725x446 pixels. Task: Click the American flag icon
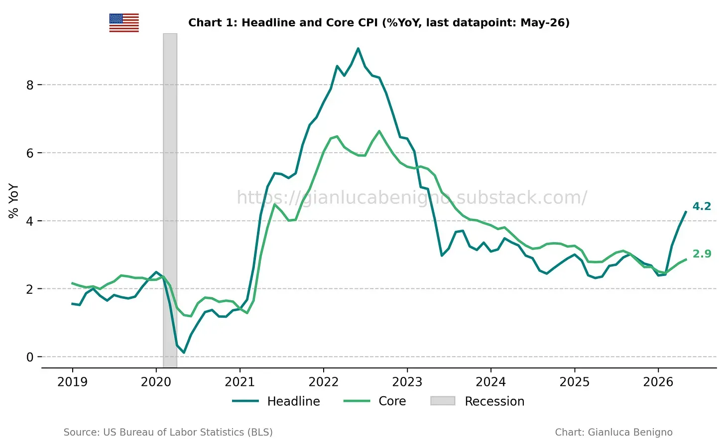pyautogui.click(x=124, y=23)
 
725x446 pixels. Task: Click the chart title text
pyautogui.click(x=378, y=23)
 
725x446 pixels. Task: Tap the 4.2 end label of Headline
pyautogui.click(x=702, y=206)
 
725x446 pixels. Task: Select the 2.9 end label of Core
pyautogui.click(x=702, y=254)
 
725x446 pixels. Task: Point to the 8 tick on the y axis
pyautogui.click(x=30, y=85)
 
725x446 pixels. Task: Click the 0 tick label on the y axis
pyautogui.click(x=30, y=357)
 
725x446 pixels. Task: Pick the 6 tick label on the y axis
pyautogui.click(x=30, y=153)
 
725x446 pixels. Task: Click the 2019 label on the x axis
pyautogui.click(x=72, y=382)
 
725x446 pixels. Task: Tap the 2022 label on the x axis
pyautogui.click(x=323, y=382)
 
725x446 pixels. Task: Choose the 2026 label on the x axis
pyautogui.click(x=658, y=382)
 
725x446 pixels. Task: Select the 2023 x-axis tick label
pyautogui.click(x=407, y=382)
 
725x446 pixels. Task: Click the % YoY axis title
pyautogui.click(x=13, y=201)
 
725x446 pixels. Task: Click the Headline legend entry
pyautogui.click(x=276, y=401)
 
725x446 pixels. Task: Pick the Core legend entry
pyautogui.click(x=374, y=401)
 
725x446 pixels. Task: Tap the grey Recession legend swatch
pyautogui.click(x=443, y=401)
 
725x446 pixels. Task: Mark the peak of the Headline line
pyautogui.click(x=358, y=49)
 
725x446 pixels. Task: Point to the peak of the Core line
pyautogui.click(x=379, y=131)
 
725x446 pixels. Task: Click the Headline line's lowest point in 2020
pyautogui.click(x=184, y=353)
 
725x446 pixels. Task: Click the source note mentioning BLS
pyautogui.click(x=168, y=432)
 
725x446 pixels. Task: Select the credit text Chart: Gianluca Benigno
pyautogui.click(x=613, y=432)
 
